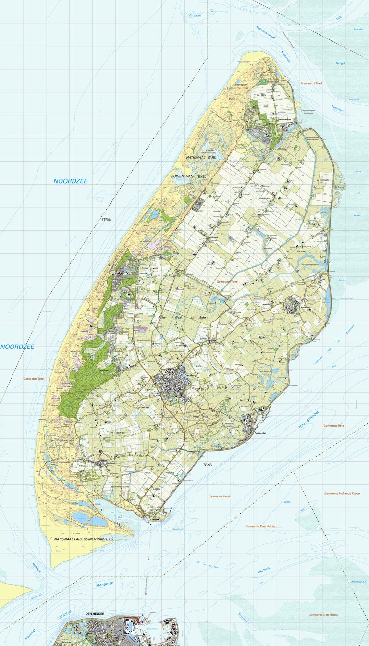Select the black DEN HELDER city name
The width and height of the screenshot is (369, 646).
pos(95,614)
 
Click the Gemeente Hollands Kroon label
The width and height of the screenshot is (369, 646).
pos(342,493)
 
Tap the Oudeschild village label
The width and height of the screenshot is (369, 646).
pos(259,433)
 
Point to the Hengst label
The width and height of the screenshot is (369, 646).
pos(341,63)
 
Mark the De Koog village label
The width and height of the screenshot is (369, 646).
pos(143,273)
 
